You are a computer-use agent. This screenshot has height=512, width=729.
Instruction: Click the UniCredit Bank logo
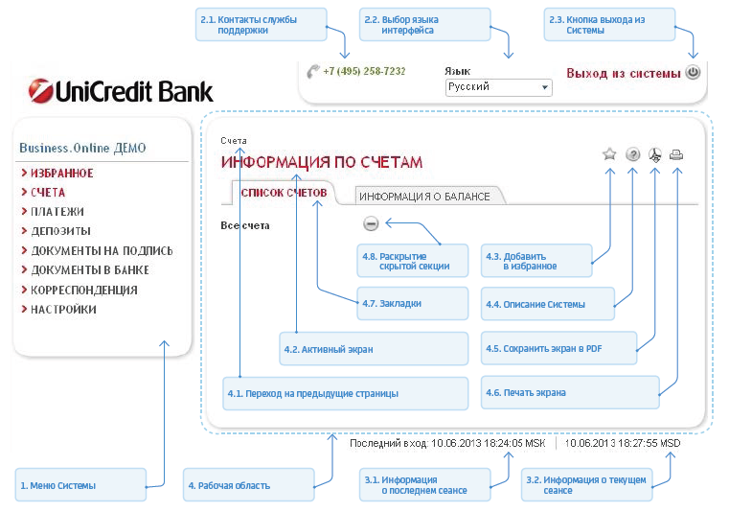click(x=121, y=91)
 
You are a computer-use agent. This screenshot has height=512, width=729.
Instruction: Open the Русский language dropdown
click(x=499, y=87)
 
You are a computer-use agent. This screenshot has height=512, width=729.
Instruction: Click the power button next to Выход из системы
click(x=693, y=72)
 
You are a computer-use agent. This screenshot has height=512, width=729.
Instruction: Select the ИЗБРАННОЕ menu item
click(x=61, y=174)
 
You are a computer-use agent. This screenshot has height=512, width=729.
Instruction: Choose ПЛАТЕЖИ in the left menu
click(x=57, y=212)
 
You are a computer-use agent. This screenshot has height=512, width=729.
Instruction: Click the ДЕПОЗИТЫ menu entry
click(x=60, y=231)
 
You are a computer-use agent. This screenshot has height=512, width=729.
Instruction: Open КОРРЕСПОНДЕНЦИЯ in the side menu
click(x=83, y=290)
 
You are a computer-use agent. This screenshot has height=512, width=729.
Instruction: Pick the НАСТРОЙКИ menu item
click(x=63, y=310)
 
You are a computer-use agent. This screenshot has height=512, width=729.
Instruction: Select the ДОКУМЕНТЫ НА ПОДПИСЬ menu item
click(x=102, y=251)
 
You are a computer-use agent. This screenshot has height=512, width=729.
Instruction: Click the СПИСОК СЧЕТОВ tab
click(x=284, y=194)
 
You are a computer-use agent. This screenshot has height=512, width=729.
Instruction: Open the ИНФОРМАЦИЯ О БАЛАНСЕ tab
click(x=424, y=197)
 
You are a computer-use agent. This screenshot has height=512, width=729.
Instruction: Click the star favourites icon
click(x=609, y=154)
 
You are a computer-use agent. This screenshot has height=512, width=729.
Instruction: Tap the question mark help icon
click(x=632, y=154)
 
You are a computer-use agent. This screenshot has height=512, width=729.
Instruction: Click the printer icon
click(x=676, y=154)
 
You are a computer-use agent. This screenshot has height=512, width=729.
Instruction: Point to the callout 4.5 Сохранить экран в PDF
click(x=558, y=349)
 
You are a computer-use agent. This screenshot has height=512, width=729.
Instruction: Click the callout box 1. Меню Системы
click(x=80, y=485)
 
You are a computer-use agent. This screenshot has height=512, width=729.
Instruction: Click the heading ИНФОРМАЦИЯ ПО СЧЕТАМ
click(x=322, y=162)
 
